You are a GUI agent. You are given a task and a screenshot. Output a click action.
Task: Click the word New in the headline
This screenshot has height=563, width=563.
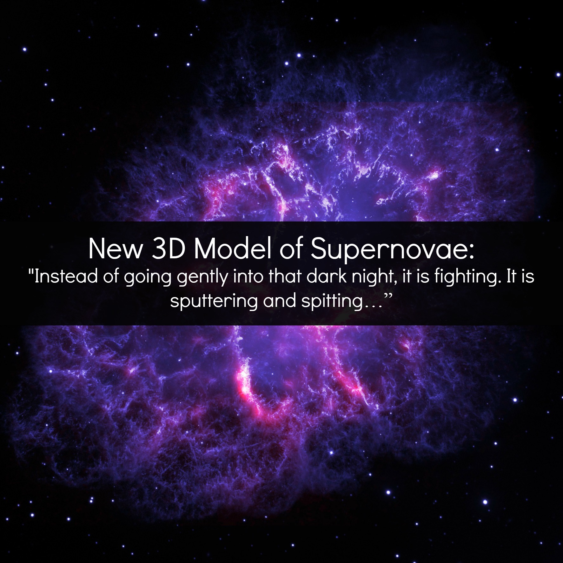coord(115,249)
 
